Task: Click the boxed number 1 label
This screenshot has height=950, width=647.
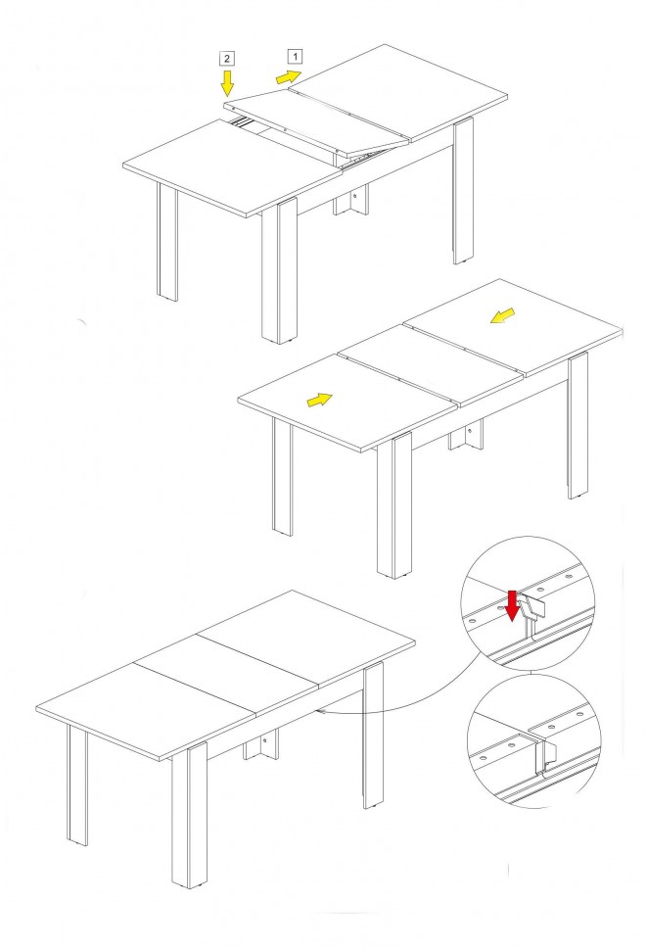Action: (x=295, y=57)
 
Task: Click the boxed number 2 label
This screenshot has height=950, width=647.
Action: (x=227, y=59)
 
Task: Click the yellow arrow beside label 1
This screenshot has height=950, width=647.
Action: (x=288, y=77)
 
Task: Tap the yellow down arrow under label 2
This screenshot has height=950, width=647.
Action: (x=227, y=83)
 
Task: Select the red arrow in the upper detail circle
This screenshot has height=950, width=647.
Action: (x=512, y=606)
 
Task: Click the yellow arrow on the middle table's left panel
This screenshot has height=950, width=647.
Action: (x=319, y=400)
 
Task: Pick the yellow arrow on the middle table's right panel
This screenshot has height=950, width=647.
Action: (x=502, y=315)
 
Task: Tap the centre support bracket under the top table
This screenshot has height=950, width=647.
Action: (x=350, y=200)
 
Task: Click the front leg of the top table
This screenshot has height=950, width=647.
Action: (x=279, y=271)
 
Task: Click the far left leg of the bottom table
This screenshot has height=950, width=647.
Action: (x=77, y=785)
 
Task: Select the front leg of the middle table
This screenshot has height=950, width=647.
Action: (x=394, y=505)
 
